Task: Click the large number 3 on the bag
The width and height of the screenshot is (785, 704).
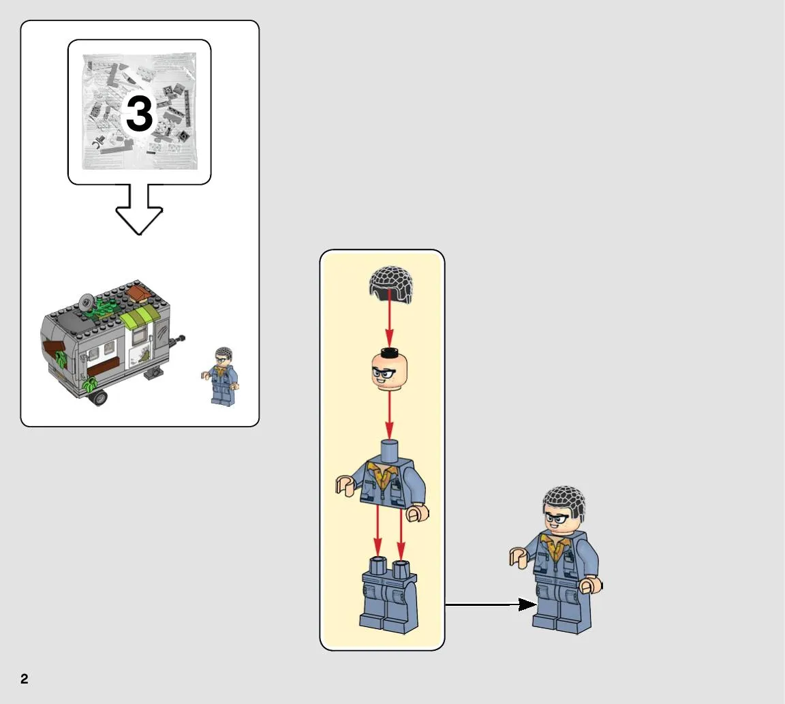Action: click(x=139, y=114)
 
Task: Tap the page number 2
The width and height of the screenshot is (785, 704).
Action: click(x=25, y=679)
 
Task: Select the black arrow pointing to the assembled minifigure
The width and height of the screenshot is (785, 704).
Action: click(x=491, y=604)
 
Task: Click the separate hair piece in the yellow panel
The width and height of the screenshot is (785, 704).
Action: click(x=391, y=284)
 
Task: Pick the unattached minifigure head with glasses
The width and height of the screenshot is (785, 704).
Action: click(x=390, y=370)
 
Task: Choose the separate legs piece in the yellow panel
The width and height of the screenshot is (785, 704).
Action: click(x=389, y=596)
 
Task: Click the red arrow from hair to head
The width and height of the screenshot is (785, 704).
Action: click(x=389, y=320)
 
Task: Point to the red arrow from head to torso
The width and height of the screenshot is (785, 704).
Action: click(x=389, y=416)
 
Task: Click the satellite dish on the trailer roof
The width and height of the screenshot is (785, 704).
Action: click(x=87, y=303)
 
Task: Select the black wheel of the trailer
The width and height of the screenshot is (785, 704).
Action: click(x=99, y=398)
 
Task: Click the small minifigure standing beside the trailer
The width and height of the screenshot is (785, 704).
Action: click(x=221, y=376)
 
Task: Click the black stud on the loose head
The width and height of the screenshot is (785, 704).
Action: click(x=389, y=352)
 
